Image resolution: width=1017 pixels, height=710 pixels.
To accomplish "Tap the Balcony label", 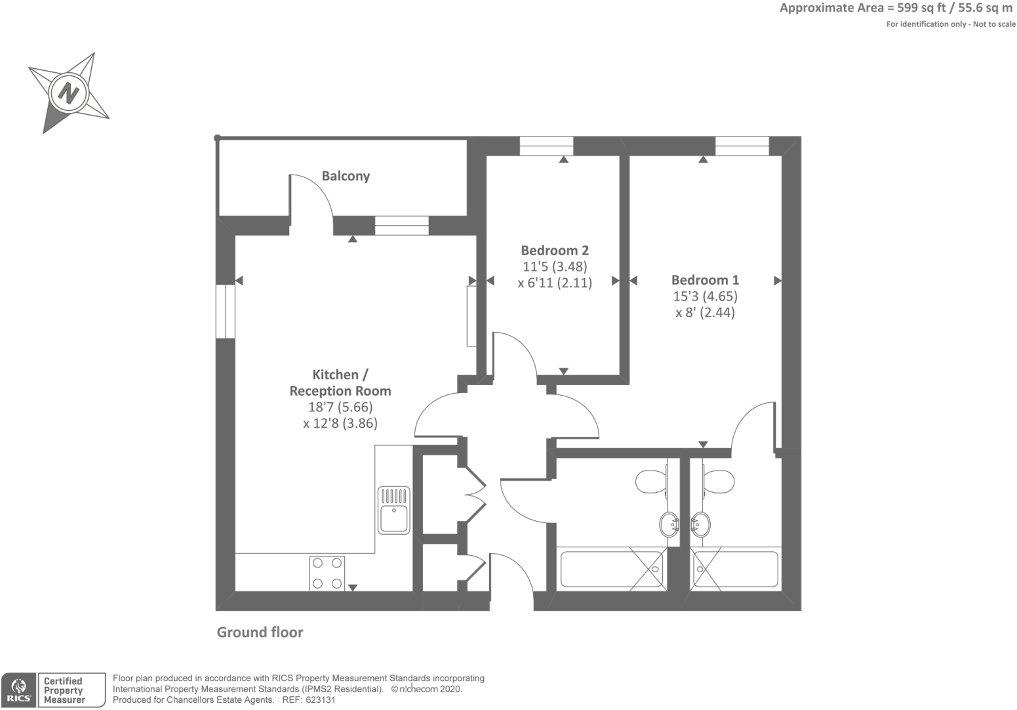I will (x=346, y=176).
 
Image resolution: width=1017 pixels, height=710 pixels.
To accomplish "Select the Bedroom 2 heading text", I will (x=555, y=250).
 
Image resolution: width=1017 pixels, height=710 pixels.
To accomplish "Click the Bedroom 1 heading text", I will (x=705, y=280).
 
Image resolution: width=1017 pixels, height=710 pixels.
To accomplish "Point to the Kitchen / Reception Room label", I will (x=340, y=383).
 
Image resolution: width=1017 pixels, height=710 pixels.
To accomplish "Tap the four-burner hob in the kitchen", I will (x=327, y=573).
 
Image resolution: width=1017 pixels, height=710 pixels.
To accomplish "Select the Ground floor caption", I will (x=260, y=632).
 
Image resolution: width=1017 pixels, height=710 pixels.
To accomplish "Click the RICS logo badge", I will (x=19, y=690).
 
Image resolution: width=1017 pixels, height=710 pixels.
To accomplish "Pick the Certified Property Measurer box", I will (x=72, y=690).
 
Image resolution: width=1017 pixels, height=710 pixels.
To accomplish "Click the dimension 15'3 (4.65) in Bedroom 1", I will (x=705, y=296).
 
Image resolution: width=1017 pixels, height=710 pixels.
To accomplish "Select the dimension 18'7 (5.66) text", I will (x=340, y=407).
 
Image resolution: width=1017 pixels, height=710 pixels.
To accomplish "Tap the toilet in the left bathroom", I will (x=651, y=482).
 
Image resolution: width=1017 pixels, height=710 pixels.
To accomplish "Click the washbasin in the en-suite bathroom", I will (x=701, y=524).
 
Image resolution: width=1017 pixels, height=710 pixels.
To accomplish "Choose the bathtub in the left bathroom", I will (x=612, y=570).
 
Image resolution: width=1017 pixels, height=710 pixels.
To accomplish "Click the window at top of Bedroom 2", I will (x=546, y=146).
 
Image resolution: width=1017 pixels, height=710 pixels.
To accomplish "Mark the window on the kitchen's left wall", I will (x=225, y=311).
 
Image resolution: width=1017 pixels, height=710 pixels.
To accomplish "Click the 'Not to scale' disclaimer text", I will (x=994, y=24).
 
